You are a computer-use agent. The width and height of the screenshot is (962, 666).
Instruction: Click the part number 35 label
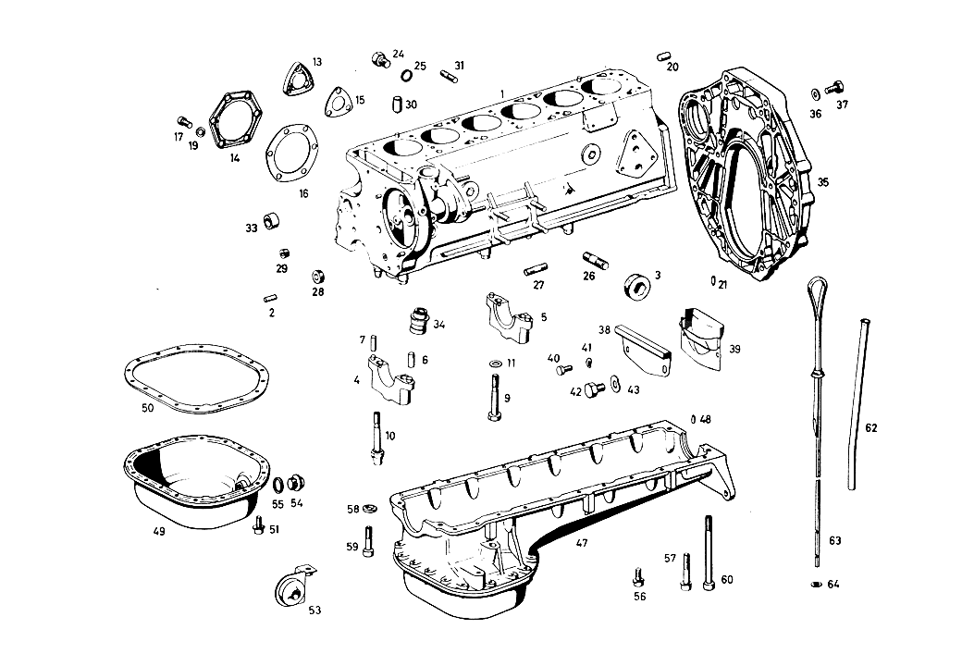pos(822,182)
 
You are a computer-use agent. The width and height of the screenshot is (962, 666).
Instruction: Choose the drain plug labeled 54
pos(296,483)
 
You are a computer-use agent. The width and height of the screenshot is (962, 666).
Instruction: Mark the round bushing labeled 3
pos(637,287)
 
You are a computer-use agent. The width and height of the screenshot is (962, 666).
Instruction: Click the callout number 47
pos(582,543)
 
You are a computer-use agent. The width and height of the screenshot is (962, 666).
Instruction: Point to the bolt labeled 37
pos(832,87)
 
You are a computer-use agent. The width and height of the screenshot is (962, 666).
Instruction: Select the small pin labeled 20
pos(663,56)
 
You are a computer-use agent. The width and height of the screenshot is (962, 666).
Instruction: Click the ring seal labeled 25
pos(406,76)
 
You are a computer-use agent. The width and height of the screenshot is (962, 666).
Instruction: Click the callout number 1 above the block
pos(502,93)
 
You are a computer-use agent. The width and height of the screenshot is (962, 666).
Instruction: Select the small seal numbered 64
pos(816,584)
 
